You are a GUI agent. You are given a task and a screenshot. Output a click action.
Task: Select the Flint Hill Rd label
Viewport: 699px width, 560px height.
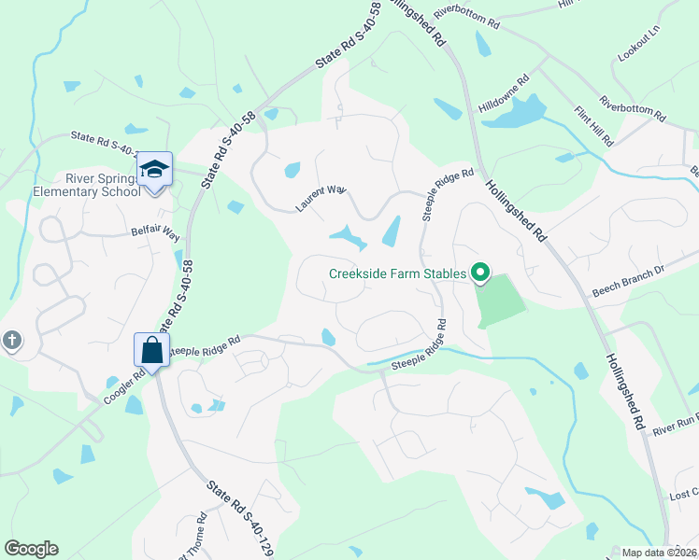click(593, 126)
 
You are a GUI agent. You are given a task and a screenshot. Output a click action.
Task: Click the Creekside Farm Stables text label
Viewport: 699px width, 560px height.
click(397, 273)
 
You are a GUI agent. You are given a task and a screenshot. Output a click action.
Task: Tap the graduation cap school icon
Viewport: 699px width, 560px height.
click(154, 169)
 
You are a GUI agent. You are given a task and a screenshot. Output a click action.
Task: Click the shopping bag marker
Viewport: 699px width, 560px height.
click(152, 351)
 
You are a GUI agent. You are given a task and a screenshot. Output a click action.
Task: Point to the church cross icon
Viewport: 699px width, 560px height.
click(11, 341)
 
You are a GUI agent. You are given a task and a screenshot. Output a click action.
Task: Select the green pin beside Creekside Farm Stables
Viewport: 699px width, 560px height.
click(481, 273)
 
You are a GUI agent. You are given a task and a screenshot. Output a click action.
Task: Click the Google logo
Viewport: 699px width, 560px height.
click(31, 549)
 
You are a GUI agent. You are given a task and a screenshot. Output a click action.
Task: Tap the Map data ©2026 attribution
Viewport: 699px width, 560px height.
click(659, 553)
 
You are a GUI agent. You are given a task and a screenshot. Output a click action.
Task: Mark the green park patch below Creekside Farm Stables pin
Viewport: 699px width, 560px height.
click(500, 301)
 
